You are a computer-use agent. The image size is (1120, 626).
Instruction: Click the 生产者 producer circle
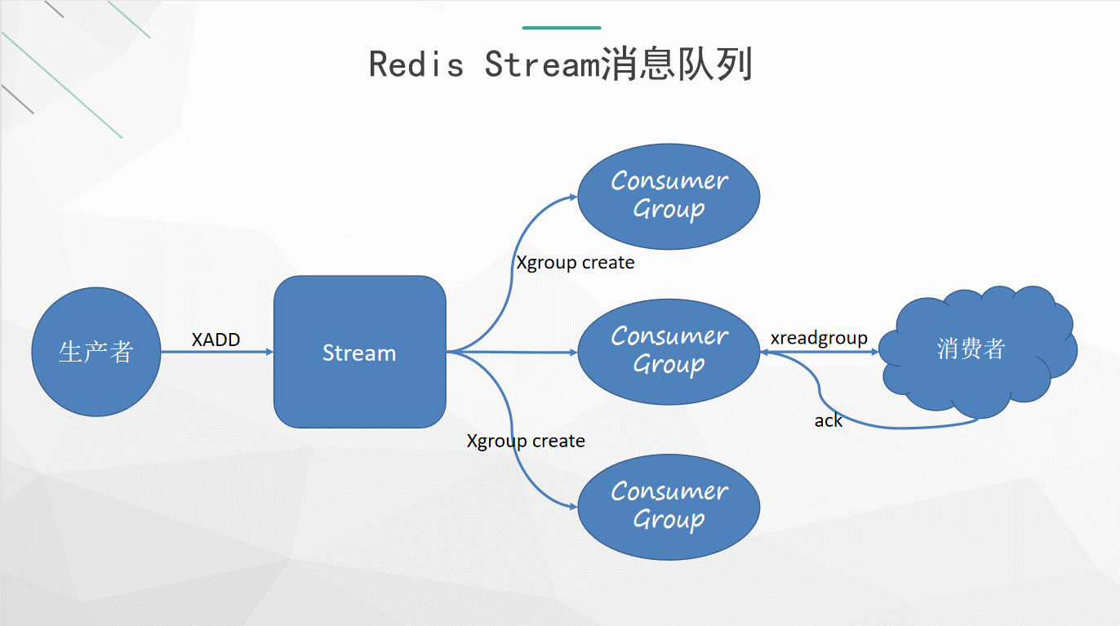point(96,352)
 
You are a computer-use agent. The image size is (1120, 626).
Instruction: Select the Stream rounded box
point(359,352)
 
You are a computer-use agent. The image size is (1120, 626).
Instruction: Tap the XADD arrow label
point(216,340)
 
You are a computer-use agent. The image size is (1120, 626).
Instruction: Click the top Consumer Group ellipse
point(669,196)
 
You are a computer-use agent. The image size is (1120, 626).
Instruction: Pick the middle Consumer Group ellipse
point(669,351)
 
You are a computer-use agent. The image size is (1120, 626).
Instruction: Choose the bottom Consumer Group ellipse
point(669,506)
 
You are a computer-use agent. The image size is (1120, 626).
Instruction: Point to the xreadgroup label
point(819,338)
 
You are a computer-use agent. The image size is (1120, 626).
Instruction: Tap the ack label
point(828,421)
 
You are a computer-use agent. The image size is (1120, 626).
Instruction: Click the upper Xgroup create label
point(575,263)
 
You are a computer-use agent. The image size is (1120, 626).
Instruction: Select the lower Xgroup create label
point(526,441)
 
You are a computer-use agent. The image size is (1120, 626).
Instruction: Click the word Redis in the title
point(416,64)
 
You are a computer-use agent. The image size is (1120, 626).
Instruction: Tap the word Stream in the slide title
point(542,64)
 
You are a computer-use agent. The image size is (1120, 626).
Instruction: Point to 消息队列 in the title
point(676,64)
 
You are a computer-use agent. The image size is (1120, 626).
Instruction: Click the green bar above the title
point(561,28)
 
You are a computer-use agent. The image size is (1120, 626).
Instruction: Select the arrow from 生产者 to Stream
point(216,353)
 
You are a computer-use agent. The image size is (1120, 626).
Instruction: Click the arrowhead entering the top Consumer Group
point(573,197)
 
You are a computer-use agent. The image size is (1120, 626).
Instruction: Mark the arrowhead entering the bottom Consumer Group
point(573,507)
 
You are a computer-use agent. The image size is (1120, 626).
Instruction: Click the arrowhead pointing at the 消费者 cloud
point(875,353)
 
